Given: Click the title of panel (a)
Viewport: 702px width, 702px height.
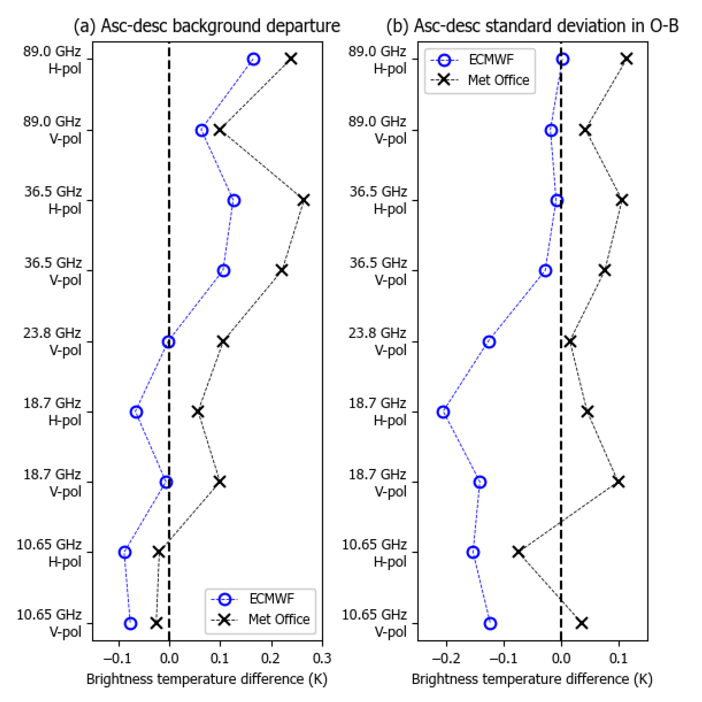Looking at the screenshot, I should [206, 26].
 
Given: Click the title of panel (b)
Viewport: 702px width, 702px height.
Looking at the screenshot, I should [532, 26].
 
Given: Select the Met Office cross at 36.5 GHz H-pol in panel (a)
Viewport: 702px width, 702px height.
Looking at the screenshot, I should [304, 200].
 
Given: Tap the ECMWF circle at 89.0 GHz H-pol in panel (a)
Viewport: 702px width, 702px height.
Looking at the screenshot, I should [254, 59].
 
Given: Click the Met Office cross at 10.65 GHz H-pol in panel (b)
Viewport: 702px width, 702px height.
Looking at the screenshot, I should [519, 552].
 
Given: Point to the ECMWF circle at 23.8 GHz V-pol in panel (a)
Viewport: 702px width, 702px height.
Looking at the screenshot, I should [168, 342].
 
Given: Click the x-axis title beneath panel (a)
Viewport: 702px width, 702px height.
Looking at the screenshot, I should [207, 679].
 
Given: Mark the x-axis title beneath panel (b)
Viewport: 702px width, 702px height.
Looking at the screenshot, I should [532, 679].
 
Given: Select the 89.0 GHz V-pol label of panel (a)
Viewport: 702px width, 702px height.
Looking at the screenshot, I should [52, 130].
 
